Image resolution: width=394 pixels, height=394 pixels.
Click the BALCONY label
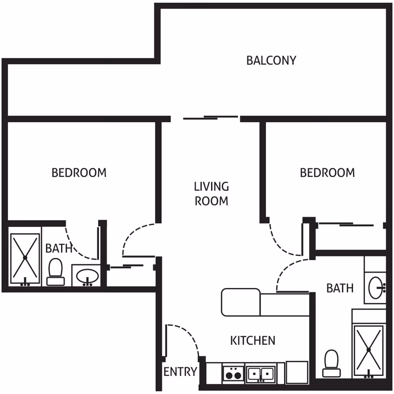coord(271,61)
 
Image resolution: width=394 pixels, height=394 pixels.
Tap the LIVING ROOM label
coord(211,194)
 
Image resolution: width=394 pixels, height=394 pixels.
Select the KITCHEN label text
coord(253,341)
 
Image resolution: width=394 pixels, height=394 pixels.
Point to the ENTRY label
coord(180,372)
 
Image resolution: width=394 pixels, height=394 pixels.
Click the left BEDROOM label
coord(79,173)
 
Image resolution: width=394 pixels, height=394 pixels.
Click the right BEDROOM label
coord(328,173)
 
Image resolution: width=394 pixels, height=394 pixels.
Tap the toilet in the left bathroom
coord(55,272)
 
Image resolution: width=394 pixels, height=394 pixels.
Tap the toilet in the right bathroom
coord(332,363)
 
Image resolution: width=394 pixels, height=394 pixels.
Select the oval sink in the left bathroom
coord(87,276)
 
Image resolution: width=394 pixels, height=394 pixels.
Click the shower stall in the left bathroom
coord(25,258)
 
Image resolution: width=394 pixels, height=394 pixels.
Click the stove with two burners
coord(234,373)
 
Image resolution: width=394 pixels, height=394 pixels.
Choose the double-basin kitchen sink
coord(261,373)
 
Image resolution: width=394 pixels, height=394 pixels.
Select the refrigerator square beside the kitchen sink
coord(297,372)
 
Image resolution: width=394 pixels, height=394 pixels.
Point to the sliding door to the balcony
coord(211,117)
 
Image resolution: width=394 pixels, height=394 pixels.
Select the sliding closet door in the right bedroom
coord(346,224)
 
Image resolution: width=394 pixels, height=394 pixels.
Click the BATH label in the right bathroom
coord(340,288)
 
